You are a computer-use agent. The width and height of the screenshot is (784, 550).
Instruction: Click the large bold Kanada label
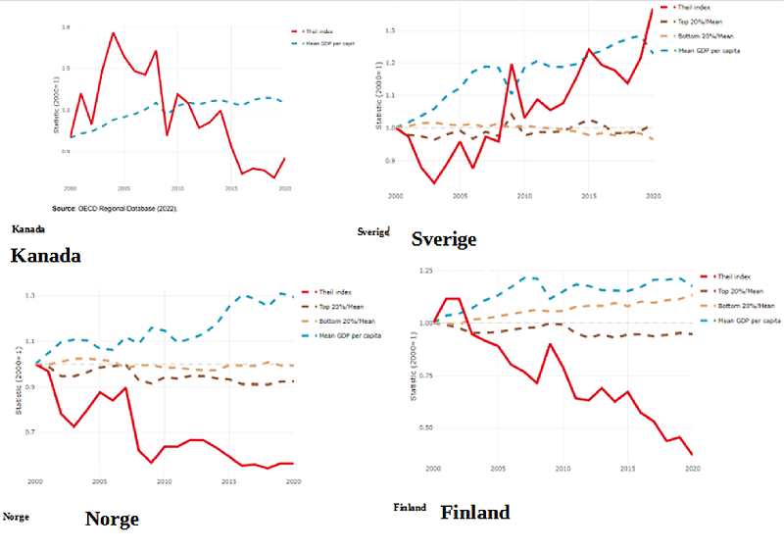44,256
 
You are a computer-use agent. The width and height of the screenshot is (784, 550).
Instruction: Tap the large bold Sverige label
444,239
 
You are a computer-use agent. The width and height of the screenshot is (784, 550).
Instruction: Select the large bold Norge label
112,519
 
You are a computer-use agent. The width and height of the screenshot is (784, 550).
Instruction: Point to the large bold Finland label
475,512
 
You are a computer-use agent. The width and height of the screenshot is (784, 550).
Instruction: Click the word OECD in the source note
91,209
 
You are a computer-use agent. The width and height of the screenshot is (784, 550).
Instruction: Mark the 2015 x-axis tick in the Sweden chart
589,197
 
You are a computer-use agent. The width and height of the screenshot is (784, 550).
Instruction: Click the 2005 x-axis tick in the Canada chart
123,186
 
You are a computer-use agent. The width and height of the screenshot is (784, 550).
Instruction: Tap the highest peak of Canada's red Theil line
113,33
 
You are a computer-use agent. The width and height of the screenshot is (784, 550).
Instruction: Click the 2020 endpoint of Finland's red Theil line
692,455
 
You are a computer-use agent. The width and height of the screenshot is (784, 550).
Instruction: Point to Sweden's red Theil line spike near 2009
512,65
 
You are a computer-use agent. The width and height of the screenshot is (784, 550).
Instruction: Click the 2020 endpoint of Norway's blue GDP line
294,295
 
